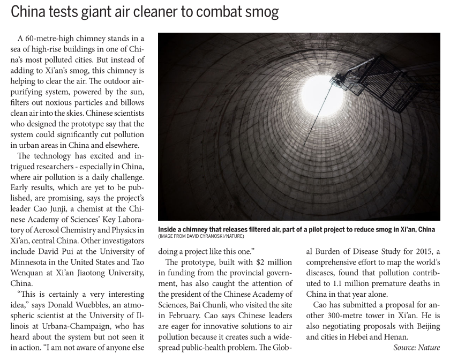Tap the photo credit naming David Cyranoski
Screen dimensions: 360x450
click(x=201, y=236)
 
